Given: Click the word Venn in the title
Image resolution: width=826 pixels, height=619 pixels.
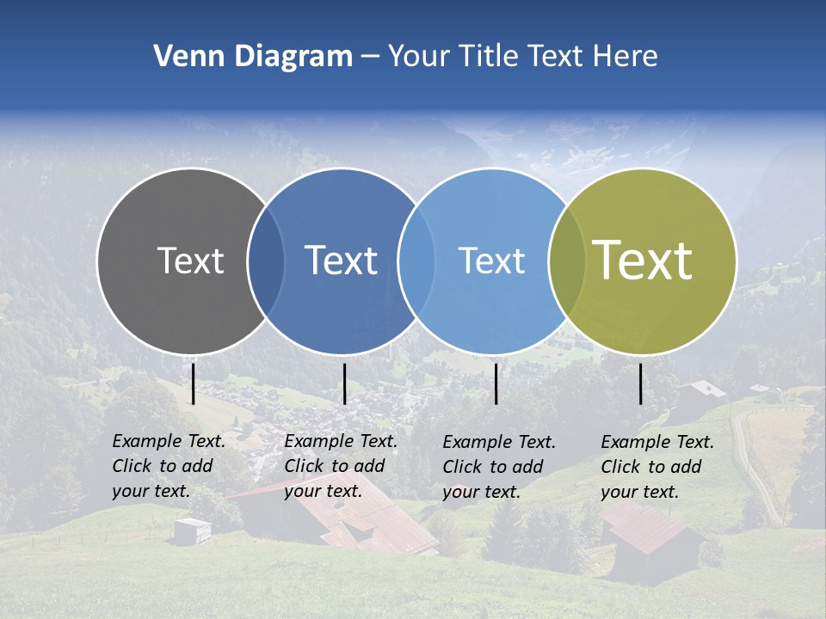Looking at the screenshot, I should (x=182, y=57).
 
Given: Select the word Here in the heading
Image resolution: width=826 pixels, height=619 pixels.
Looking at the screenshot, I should (x=626, y=57).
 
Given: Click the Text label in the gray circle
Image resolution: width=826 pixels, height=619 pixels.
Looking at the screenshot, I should (x=190, y=260).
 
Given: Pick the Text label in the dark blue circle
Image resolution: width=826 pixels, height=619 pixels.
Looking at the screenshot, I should (x=341, y=260).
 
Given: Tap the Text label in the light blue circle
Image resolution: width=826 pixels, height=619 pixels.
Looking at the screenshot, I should (x=491, y=260).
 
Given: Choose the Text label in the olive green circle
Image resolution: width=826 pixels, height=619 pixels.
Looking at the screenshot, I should (x=642, y=260).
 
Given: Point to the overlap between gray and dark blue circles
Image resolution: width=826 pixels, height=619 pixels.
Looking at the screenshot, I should (x=266, y=260).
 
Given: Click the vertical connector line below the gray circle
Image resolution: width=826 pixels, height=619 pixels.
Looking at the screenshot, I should (x=194, y=383).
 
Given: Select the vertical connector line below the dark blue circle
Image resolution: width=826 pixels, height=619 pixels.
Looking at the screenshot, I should (x=344, y=383).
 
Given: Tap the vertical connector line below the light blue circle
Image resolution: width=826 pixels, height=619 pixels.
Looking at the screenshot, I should (x=496, y=383).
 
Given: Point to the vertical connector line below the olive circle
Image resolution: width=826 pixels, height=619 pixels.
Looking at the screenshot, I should (x=641, y=383).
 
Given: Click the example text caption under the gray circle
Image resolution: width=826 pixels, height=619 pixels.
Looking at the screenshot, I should (x=169, y=466).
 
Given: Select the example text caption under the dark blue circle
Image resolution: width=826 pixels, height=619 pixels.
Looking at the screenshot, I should (x=341, y=466).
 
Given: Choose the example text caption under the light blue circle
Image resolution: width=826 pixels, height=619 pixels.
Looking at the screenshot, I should (x=499, y=467).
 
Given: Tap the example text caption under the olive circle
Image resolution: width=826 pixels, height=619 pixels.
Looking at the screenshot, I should (x=657, y=467).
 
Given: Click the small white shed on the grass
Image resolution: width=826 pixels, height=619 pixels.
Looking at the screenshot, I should (x=191, y=530).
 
